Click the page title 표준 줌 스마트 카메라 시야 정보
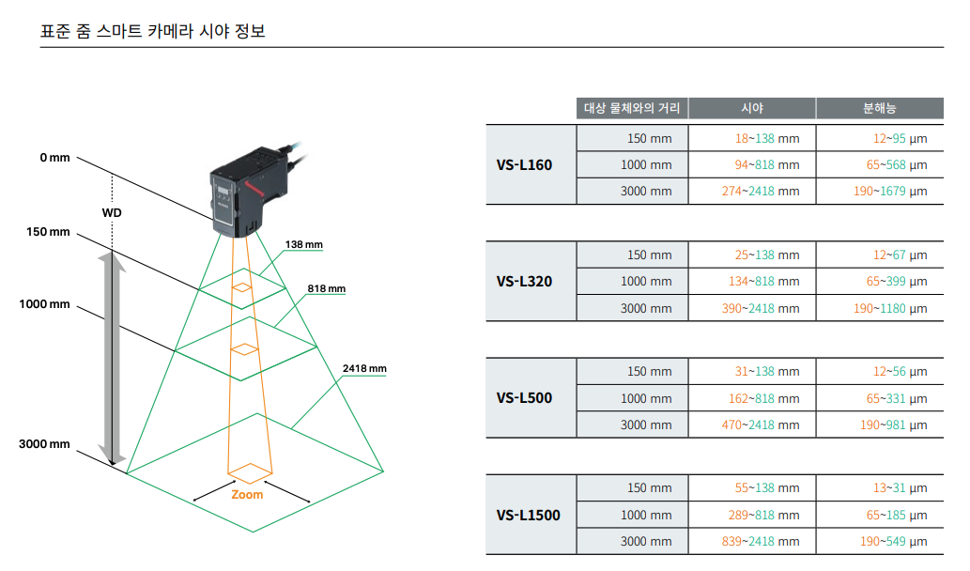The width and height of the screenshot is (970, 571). pos(153,31)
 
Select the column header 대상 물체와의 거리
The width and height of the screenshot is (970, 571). pos(632,108)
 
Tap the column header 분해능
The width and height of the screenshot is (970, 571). pos(880,108)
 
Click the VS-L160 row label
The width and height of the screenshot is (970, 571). pos(524,165)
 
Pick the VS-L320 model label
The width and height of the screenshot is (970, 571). pos(524,281)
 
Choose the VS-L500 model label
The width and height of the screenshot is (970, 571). pos(524,397)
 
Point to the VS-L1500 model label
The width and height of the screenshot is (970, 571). pos(528,515)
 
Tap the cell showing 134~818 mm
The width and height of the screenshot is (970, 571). pos(767,281)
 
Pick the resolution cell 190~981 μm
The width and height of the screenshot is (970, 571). pos(895,424)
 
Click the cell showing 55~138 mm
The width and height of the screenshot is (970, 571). pos(767,487)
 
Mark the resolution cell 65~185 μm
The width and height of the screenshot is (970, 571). pos(897,515)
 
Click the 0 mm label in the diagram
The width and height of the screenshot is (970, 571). pos(54,158)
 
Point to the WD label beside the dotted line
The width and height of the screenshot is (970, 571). pos(112,212)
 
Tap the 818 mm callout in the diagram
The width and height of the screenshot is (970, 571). pos(326,288)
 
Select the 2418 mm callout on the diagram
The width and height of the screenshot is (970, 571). pos(364,368)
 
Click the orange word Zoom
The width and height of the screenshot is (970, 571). pos(247,494)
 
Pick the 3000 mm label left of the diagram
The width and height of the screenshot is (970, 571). pos(44,443)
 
